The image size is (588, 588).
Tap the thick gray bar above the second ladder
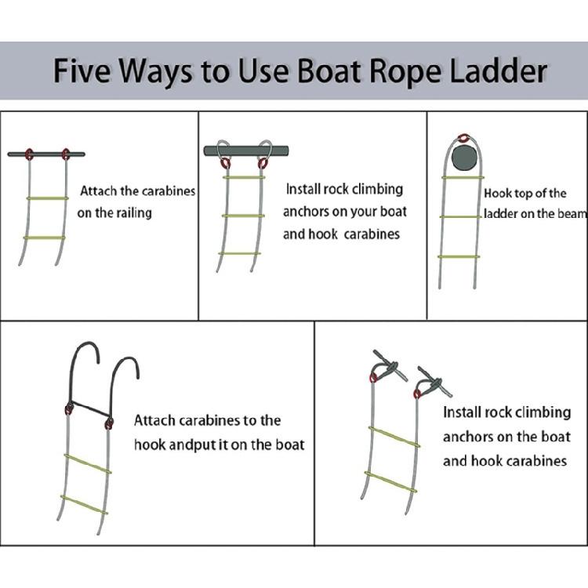(x=243, y=151)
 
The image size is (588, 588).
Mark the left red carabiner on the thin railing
(x=31, y=154)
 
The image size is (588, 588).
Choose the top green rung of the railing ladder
(x=47, y=198)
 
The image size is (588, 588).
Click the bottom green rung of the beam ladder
(x=461, y=256)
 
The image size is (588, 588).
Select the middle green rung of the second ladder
(x=243, y=215)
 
